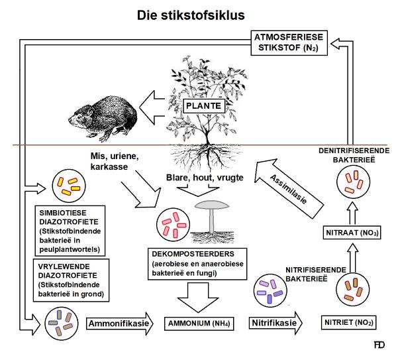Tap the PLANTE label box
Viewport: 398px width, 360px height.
point(202,105)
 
